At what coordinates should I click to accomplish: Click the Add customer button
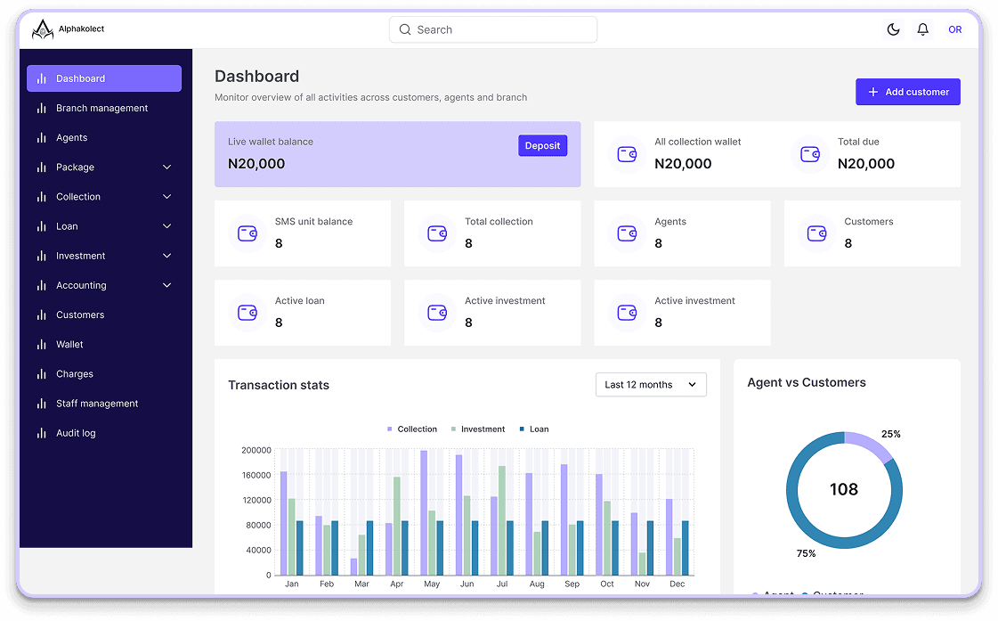tap(907, 92)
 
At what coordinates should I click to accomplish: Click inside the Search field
tap(492, 29)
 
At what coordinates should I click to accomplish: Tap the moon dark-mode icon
tap(893, 29)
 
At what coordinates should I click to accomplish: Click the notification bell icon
tap(923, 29)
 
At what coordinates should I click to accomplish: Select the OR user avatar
tap(954, 29)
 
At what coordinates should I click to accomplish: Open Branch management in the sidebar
tap(101, 108)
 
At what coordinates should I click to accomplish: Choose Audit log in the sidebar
tap(76, 433)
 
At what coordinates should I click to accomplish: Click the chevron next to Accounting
tap(166, 285)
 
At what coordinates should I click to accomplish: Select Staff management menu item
tap(97, 404)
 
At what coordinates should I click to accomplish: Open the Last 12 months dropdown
tap(651, 385)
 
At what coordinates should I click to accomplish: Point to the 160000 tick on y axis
tap(256, 475)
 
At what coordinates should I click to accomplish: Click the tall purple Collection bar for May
tap(424, 512)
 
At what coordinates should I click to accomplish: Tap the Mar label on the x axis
tap(361, 584)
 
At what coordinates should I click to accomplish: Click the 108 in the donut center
tap(844, 489)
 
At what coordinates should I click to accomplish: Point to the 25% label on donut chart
tap(890, 434)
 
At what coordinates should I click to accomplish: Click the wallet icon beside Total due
tap(809, 154)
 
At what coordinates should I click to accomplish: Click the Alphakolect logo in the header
tap(43, 30)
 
